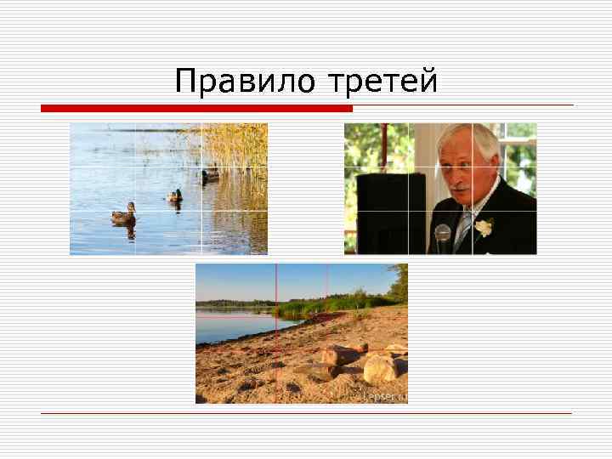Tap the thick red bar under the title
click(x=196, y=109)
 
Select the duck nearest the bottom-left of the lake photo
click(x=123, y=213)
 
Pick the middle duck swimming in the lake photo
click(x=175, y=195)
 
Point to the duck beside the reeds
click(x=210, y=175)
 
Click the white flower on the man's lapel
click(x=484, y=227)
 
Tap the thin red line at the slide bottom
click(x=306, y=413)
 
